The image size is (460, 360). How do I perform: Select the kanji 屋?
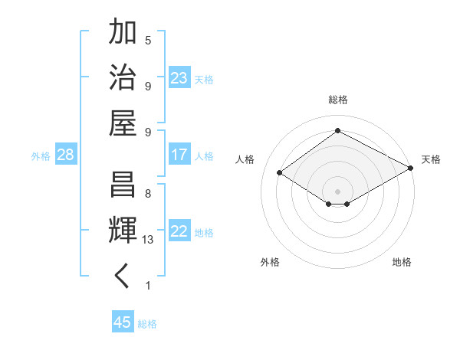(123, 123)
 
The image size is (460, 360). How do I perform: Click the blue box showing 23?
(179, 78)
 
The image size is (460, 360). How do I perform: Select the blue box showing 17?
(179, 155)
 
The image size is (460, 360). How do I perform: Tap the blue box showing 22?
(179, 232)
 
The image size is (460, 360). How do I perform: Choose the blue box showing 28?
(66, 155)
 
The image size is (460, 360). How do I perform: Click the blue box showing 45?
(122, 322)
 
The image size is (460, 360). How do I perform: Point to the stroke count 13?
(148, 240)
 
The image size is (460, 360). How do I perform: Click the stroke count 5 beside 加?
(148, 40)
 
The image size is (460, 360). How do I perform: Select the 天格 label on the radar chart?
(431, 159)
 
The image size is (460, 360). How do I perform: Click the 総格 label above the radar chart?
(337, 100)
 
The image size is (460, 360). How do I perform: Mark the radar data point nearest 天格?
(411, 169)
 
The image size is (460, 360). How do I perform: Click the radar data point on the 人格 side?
(280, 173)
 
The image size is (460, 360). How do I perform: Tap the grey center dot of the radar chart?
(337, 191)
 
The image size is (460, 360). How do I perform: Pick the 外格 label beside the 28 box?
(41, 156)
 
